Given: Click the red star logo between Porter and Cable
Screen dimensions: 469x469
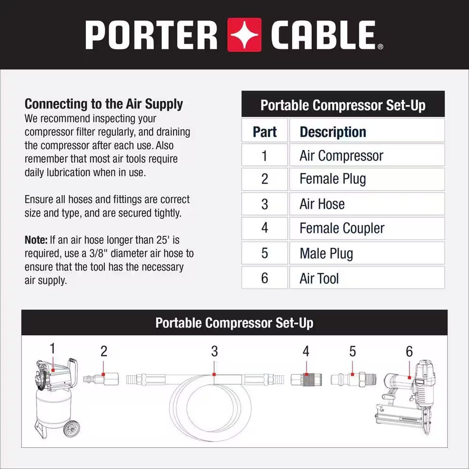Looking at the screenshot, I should pos(244,34).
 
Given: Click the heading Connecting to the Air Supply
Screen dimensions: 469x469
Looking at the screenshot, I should pos(104,104).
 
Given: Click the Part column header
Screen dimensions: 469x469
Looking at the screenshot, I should pos(265,132).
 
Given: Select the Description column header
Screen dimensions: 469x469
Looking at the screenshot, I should pos(333,132).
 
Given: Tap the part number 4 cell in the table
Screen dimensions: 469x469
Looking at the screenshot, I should pos(265,228).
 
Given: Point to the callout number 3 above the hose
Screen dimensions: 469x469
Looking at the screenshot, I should pos(214,351).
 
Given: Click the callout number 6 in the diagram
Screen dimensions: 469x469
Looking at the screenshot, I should pos(409,351).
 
